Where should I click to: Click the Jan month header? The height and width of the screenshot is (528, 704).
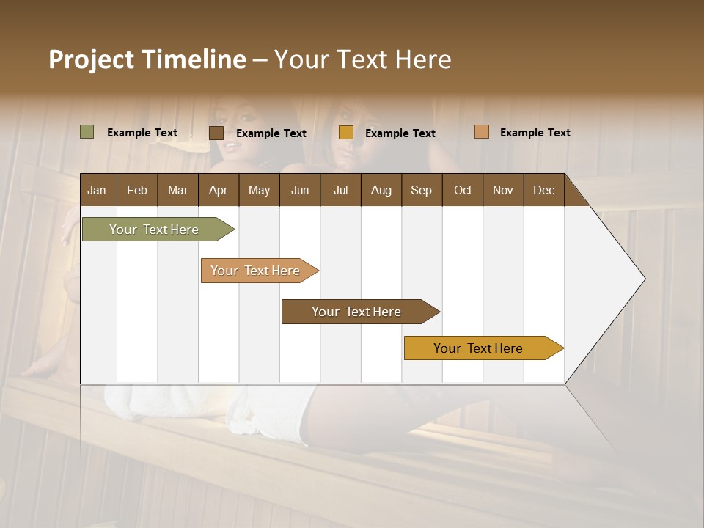point(98,190)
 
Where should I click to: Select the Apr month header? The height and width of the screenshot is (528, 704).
point(219,190)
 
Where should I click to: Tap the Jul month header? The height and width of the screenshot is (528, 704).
point(340,190)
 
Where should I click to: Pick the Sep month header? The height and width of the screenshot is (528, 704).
point(422,190)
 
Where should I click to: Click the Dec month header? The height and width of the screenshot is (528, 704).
point(543,190)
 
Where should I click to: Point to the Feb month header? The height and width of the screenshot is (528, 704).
point(137,190)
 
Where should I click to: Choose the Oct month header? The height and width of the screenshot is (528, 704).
point(463,190)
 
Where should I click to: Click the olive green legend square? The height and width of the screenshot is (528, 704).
point(87,132)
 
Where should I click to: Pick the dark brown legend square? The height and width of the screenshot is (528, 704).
point(216,133)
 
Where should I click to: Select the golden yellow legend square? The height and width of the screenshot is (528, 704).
point(346,133)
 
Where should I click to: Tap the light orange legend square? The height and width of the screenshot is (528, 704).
point(481,132)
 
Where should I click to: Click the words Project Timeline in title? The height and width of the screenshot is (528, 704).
point(147,59)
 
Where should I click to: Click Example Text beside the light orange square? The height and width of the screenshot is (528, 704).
point(535,132)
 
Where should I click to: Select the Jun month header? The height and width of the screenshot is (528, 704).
point(300,190)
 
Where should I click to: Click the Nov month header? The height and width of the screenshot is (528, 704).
point(503,190)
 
